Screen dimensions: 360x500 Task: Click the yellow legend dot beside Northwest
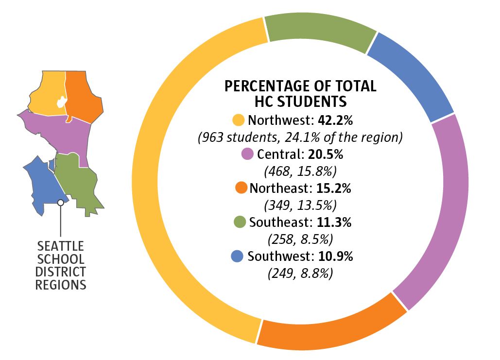click(239, 120)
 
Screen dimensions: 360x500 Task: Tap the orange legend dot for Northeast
click(241, 189)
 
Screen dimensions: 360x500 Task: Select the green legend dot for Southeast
click(239, 223)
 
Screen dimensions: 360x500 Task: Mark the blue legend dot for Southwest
click(237, 256)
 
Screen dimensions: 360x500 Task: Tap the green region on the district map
click(78, 182)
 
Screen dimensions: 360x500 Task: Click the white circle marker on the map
click(60, 203)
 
